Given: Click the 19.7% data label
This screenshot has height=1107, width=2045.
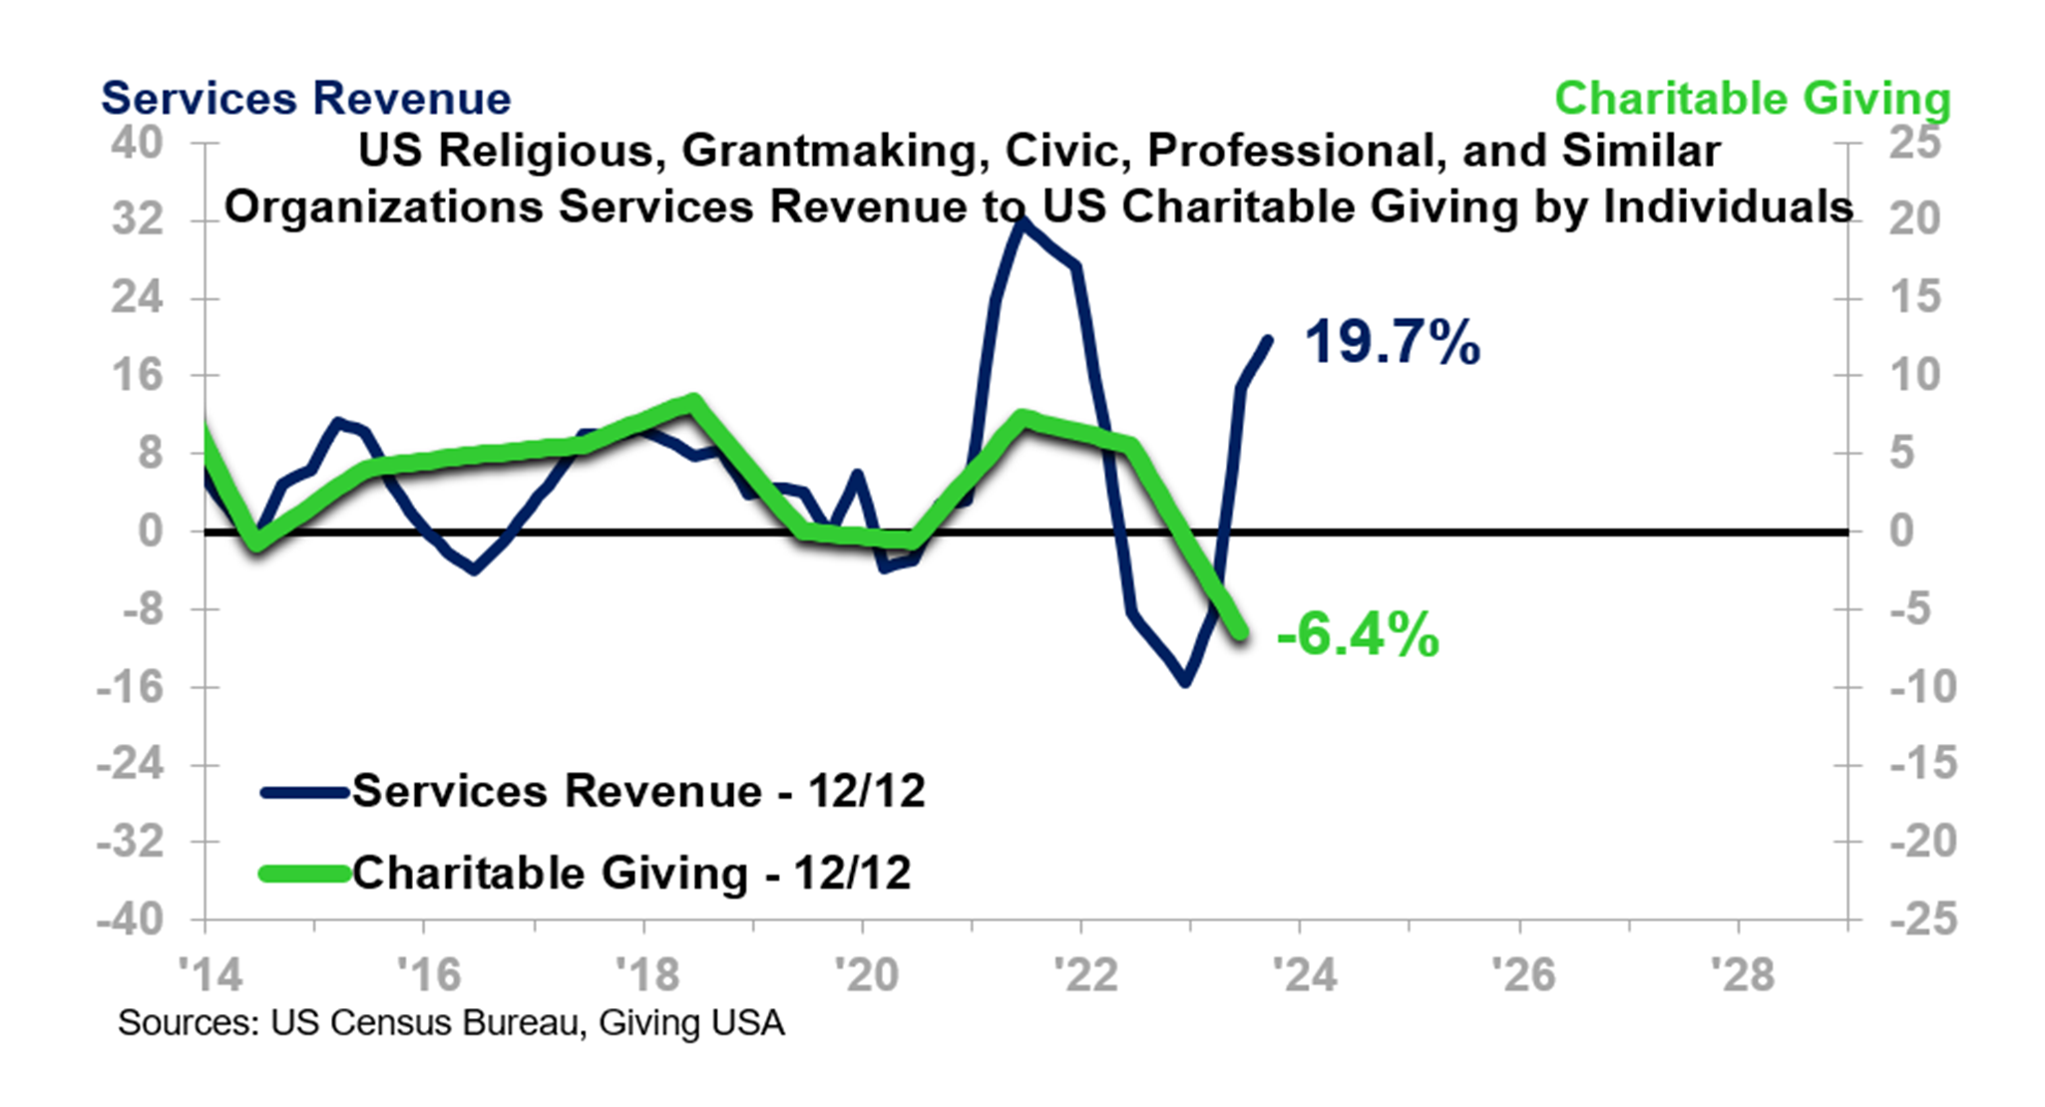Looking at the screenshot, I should [x=1392, y=343].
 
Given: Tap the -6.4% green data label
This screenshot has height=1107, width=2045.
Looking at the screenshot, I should [x=1358, y=635].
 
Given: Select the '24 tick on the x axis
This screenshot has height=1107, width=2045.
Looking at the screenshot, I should [x=1304, y=974].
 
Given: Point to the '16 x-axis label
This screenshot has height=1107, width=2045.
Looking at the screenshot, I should [x=428, y=974].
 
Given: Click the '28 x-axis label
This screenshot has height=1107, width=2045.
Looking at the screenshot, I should [x=1742, y=974].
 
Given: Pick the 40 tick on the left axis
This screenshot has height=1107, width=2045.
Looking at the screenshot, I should [x=137, y=143].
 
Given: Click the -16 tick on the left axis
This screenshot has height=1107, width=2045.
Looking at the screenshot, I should [x=130, y=687].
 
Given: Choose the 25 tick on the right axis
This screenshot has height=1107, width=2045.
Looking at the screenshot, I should [x=1914, y=143].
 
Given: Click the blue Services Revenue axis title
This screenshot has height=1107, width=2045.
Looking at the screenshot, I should [x=305, y=99].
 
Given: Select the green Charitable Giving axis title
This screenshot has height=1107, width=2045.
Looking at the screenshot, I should [x=1752, y=99].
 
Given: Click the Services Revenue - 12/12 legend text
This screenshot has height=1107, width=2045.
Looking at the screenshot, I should [x=638, y=791].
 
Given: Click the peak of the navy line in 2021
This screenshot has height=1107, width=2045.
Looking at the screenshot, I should [x=1020, y=221].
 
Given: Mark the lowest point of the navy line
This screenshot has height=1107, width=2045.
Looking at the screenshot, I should [x=1185, y=682].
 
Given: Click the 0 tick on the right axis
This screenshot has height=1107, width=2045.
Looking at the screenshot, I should [x=1901, y=531].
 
